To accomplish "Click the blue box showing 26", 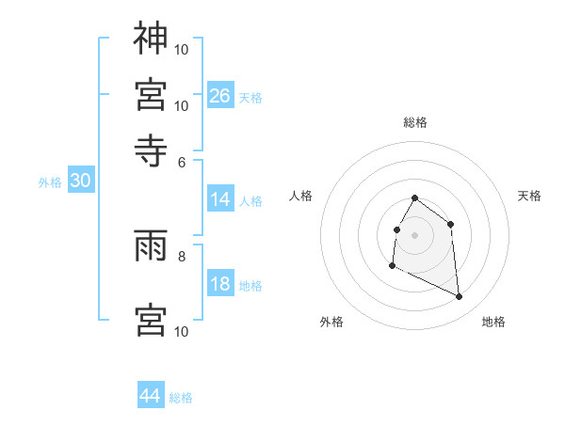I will point(219,95).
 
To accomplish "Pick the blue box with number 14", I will point(219,199).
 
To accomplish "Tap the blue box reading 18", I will point(219,285).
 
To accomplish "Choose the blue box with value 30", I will point(80,182).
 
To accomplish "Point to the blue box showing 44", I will point(151,396).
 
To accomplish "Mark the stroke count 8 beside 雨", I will point(182,255).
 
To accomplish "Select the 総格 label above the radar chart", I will point(415,122).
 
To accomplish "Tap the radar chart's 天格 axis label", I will point(529,196).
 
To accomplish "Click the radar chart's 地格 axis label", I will point(493,322).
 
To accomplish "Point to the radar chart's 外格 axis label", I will point(331,322).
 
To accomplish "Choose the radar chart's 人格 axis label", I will point(301,196).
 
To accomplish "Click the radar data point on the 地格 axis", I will point(460,297).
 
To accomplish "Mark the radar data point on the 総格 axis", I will point(415,198).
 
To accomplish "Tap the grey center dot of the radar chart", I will point(415,234).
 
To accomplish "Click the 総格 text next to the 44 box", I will point(181,398).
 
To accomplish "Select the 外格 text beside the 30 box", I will point(50,182).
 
